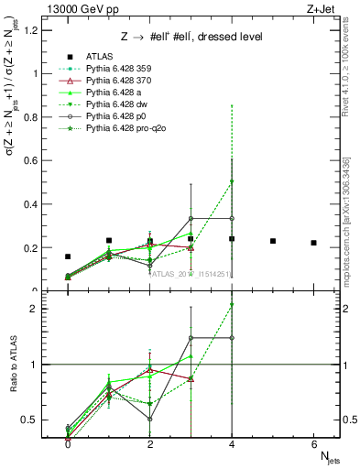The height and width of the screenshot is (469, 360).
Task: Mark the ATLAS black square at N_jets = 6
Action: click(314, 243)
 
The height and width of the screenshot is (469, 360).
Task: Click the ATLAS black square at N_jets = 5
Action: click(273, 241)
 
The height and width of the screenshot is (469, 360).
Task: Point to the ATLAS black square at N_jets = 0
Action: click(68, 257)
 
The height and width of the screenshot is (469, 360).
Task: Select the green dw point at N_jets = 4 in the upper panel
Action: click(232, 181)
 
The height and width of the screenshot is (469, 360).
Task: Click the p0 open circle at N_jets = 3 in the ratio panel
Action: click(191, 337)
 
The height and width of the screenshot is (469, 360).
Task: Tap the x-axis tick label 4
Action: click(232, 443)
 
